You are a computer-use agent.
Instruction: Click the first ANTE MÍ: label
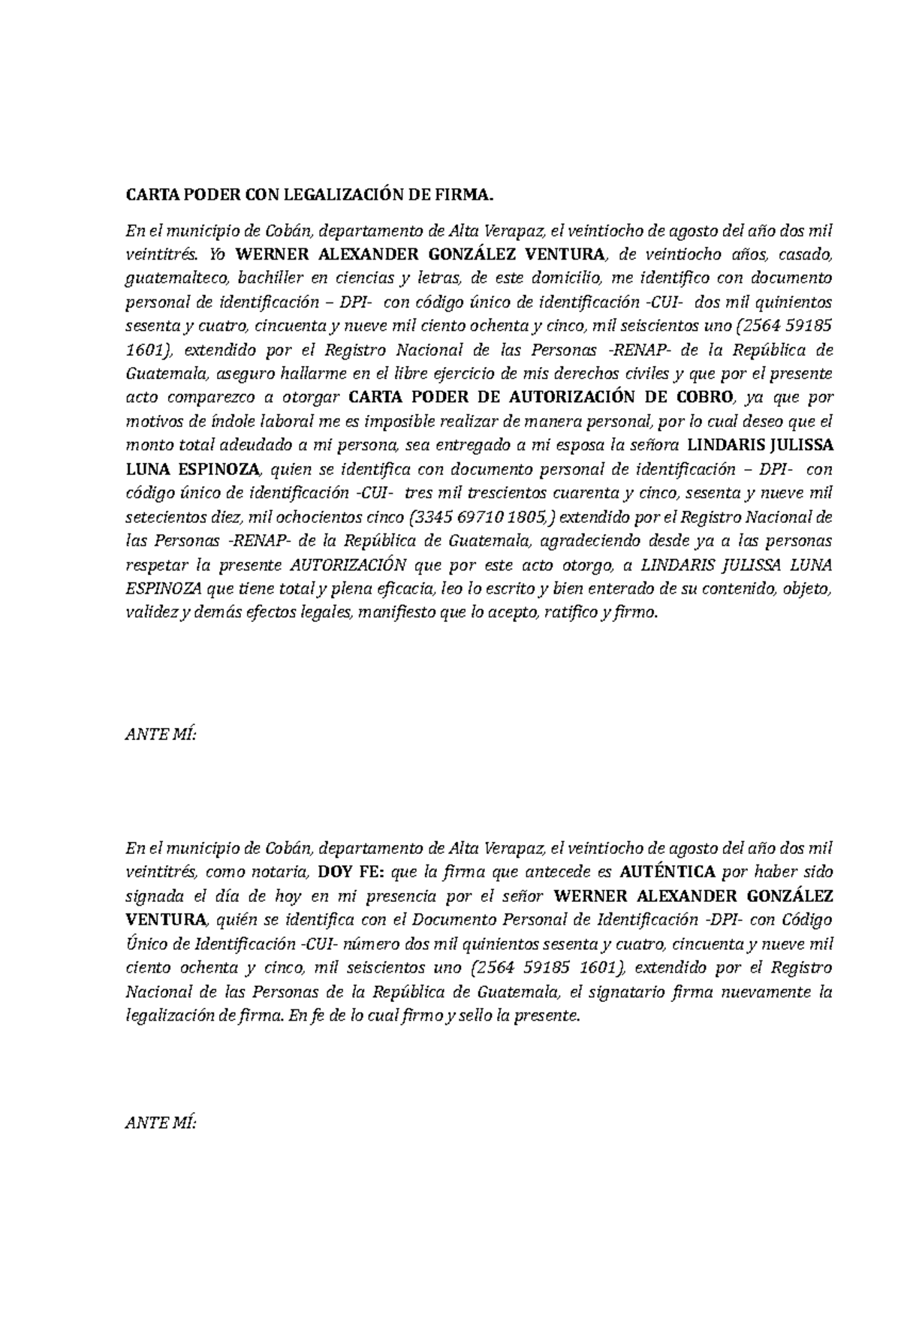point(160,735)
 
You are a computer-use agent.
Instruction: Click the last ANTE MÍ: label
point(160,1123)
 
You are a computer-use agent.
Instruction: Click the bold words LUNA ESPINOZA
point(191,470)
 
